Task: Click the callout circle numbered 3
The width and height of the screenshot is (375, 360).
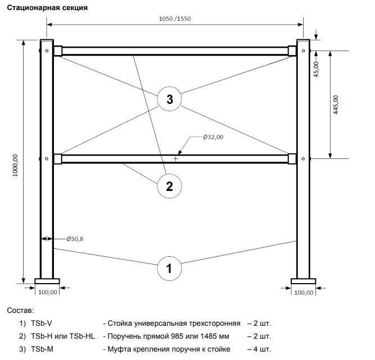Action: pos(169,100)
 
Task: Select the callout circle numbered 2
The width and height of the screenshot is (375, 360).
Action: pos(169,185)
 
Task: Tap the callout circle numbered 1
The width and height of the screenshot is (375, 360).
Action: pos(169,268)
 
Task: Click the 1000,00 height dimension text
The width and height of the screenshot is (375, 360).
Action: pos(15,166)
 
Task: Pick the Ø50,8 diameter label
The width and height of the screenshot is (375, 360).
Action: pos(75,239)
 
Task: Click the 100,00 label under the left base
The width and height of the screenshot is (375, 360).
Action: pos(48,292)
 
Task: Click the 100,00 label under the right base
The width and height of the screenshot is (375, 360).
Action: pos(304,292)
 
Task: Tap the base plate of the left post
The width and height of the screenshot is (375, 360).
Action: pos(47,281)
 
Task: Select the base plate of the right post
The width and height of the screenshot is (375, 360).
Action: pos(303,281)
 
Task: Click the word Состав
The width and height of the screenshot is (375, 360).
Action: pos(20,310)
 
